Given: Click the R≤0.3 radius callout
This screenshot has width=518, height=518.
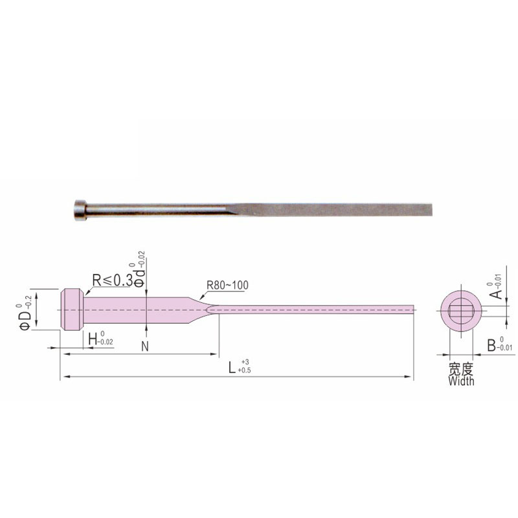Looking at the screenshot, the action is [x=112, y=280].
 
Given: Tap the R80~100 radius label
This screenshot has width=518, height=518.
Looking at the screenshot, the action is [x=227, y=285].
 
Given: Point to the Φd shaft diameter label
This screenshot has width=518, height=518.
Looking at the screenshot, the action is [x=140, y=278].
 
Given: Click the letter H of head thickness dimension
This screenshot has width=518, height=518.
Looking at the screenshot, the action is [x=93, y=339].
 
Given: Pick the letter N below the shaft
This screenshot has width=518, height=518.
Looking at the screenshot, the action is [x=145, y=346].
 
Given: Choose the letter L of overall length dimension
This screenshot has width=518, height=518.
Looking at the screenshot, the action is [x=232, y=367].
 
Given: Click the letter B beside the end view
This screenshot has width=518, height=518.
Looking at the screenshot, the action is [x=491, y=345].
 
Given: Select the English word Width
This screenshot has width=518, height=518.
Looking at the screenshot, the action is [x=461, y=381].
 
